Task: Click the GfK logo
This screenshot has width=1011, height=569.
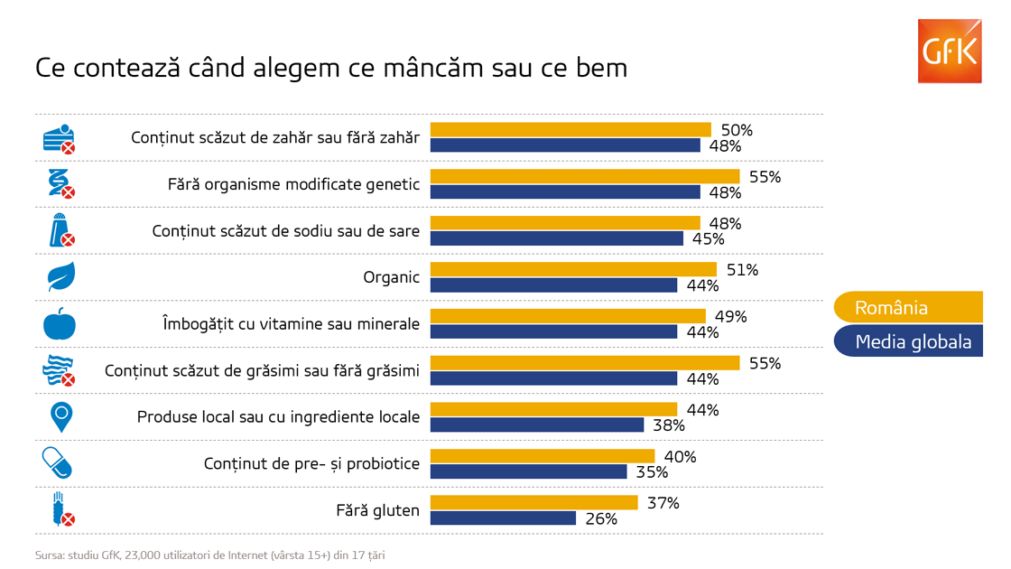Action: pos(949,51)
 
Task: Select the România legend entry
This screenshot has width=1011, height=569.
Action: pos(908,307)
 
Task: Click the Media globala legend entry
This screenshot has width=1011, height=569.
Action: pos(908,341)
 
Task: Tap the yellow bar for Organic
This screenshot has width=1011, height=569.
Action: pos(573,270)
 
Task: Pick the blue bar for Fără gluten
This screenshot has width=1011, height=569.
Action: pos(503,518)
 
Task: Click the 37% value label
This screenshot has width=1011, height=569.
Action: pos(663,503)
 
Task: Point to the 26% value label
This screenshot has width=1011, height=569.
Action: pos(601,518)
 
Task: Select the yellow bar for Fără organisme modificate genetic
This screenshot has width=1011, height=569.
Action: pos(585,176)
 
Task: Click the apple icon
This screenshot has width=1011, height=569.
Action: pos(60,324)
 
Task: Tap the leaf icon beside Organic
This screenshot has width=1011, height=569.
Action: pos(61,276)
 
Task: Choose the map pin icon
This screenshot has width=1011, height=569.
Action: pos(61,416)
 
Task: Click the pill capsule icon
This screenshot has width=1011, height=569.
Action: pos(57,462)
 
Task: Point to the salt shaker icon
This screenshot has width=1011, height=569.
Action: pos(62,230)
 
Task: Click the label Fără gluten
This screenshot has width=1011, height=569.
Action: pos(377,510)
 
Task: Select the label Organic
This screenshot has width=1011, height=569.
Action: pos(392,277)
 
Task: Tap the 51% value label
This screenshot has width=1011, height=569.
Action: pos(742,270)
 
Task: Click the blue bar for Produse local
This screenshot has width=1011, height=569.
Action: pos(537,424)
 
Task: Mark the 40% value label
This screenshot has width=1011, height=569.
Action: pos(681,457)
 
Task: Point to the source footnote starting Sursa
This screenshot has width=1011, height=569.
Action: pos(210,555)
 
